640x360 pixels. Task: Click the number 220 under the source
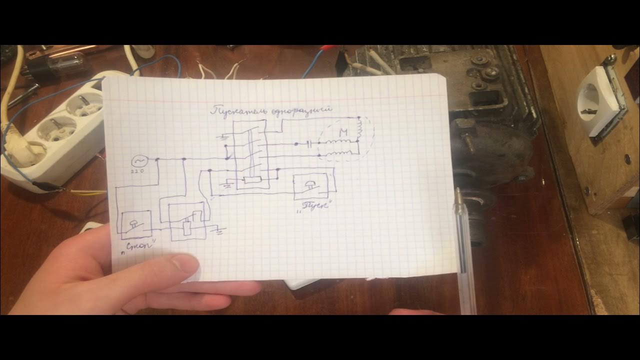(x=137, y=171)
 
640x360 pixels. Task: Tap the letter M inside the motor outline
(x=343, y=132)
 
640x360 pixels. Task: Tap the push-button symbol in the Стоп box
(x=134, y=224)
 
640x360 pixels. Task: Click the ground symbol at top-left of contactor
(x=223, y=136)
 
